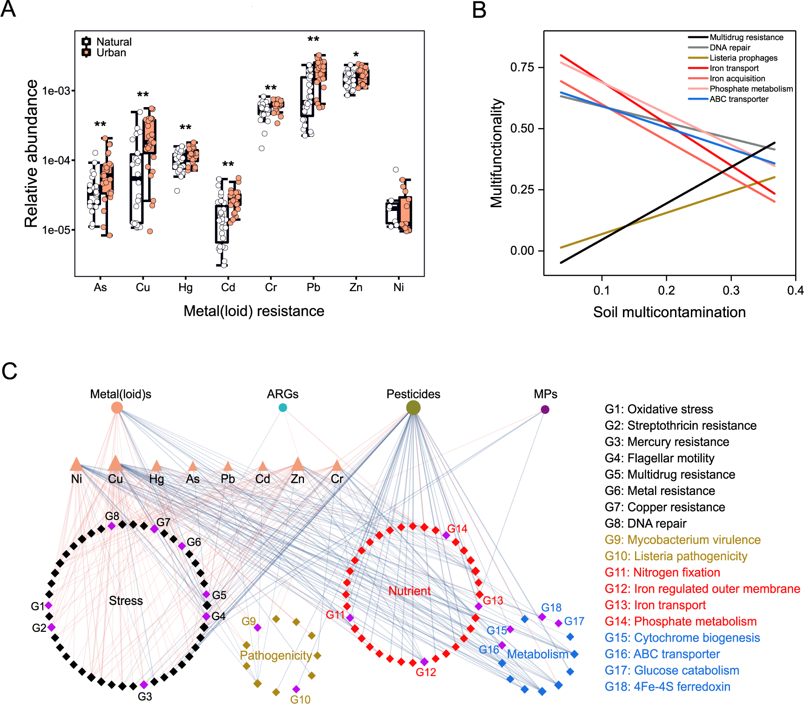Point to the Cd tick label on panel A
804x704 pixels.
coord(228,288)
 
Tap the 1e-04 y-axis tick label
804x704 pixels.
coord(56,161)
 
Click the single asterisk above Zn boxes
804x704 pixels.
coord(356,55)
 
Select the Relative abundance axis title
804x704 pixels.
coord(31,154)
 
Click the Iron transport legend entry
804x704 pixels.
coord(734,68)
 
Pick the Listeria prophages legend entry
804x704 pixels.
coord(743,58)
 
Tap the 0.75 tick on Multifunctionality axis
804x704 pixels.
coord(522,68)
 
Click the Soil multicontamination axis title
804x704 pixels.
coord(669,312)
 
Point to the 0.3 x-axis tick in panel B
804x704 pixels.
coord(731,291)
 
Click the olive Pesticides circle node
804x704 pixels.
coord(413,408)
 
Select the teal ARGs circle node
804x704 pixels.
coord(283,408)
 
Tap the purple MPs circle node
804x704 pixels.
coord(545,410)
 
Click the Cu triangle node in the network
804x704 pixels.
coord(115,464)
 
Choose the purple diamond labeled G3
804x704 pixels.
coord(144,684)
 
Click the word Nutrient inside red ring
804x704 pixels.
coord(409,591)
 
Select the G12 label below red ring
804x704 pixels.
coord(426,672)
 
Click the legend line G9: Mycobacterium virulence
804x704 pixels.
coord(682,540)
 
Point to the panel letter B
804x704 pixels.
coord(479,10)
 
